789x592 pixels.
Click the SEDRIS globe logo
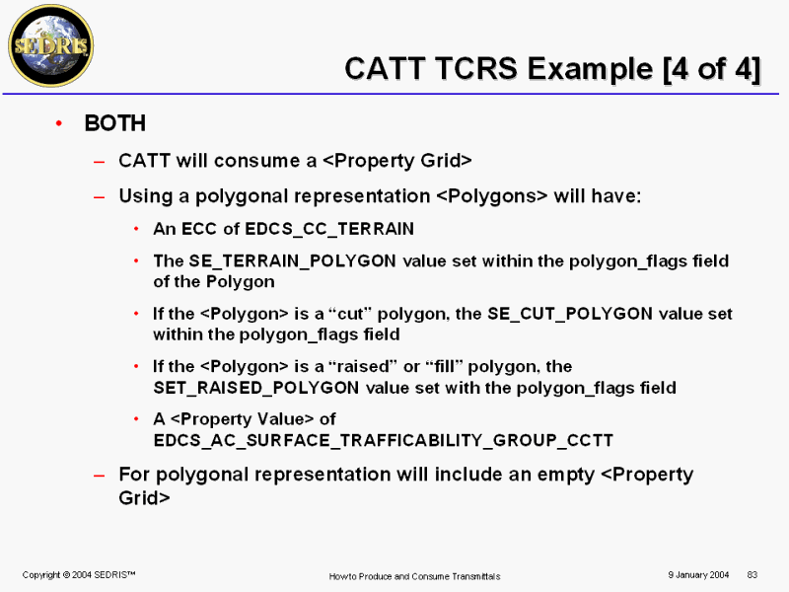pos(51,45)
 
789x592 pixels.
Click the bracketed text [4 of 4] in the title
pos(711,68)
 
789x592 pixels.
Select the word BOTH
pos(115,123)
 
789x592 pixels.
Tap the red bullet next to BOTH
pos(59,122)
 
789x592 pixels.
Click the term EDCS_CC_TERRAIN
pos(329,229)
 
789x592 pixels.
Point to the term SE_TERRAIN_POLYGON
pos(292,260)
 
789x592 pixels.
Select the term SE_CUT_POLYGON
pos(570,314)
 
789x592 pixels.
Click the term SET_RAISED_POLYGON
pos(256,388)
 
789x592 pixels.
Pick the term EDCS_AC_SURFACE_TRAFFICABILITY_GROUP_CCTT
pos(384,440)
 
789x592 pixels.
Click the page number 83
pos(753,575)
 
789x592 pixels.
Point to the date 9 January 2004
pos(698,575)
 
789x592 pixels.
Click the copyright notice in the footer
pos(79,575)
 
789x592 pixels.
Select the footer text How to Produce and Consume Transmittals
pos(414,576)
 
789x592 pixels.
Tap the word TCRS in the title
pos(476,68)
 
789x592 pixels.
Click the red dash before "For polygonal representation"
pos(100,476)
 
